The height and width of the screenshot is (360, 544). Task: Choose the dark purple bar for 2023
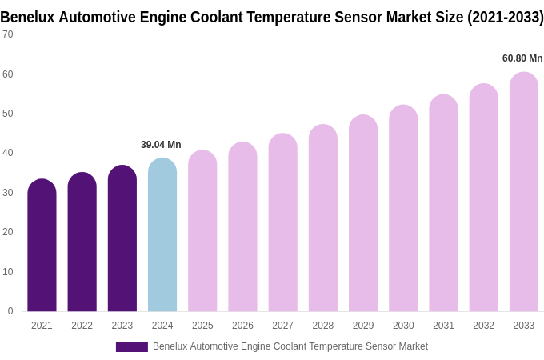(x=122, y=239)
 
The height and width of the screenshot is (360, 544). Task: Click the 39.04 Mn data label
(x=161, y=145)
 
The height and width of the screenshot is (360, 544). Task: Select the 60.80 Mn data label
(x=522, y=58)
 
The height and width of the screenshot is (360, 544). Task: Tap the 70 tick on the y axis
(x=8, y=34)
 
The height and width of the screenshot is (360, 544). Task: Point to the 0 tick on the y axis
(x=10, y=311)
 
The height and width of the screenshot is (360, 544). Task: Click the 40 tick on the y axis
(x=8, y=153)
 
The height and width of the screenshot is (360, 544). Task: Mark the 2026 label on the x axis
(x=242, y=326)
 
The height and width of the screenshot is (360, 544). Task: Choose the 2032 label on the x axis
(x=483, y=326)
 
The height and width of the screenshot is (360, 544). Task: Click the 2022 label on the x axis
(x=82, y=326)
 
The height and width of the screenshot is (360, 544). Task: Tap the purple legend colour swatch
(x=132, y=347)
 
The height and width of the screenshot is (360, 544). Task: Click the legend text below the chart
(x=290, y=346)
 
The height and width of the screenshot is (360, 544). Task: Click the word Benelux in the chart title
(x=27, y=17)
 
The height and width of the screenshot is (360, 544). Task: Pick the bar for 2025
(x=202, y=231)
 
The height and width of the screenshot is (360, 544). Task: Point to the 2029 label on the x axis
(x=363, y=326)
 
